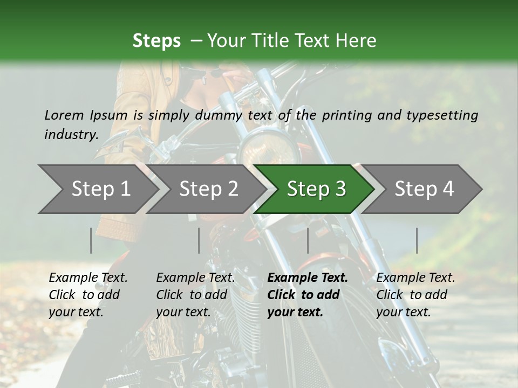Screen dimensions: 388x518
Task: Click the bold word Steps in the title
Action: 156,41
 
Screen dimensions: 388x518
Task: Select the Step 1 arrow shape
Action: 97,189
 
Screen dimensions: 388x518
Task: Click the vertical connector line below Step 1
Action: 91,240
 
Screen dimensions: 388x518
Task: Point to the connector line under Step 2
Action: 199,240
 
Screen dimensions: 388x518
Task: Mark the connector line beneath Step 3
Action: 308,240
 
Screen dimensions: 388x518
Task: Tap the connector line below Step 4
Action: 417,240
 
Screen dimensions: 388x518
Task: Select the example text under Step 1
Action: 88,295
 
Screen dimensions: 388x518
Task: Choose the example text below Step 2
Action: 195,295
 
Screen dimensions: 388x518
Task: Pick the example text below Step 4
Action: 415,295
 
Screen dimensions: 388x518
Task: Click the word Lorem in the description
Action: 64,115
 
